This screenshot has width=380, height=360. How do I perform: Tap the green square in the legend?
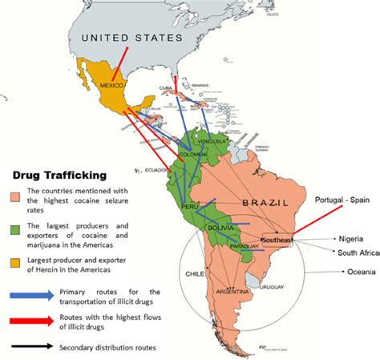pyautogui.click(x=18, y=233)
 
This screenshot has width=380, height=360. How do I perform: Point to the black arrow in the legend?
pyautogui.click(x=32, y=347)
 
